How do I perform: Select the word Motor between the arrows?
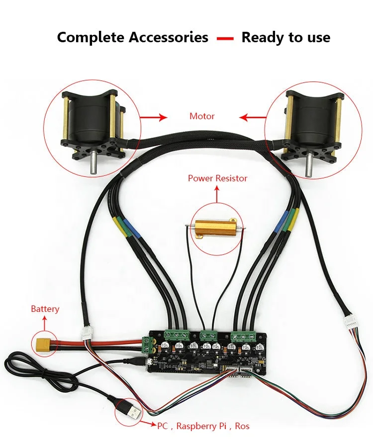pyautogui.click(x=202, y=116)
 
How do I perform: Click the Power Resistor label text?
pyautogui.click(x=217, y=178)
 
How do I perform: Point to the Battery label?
pyautogui.click(x=45, y=309)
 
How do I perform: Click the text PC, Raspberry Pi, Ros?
pyautogui.click(x=203, y=426)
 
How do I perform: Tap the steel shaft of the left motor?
pyautogui.click(x=93, y=166)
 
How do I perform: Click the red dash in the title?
pyautogui.click(x=225, y=38)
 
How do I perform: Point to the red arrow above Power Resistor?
pyautogui.click(x=217, y=195)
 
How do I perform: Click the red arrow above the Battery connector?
pyautogui.click(x=44, y=324)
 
